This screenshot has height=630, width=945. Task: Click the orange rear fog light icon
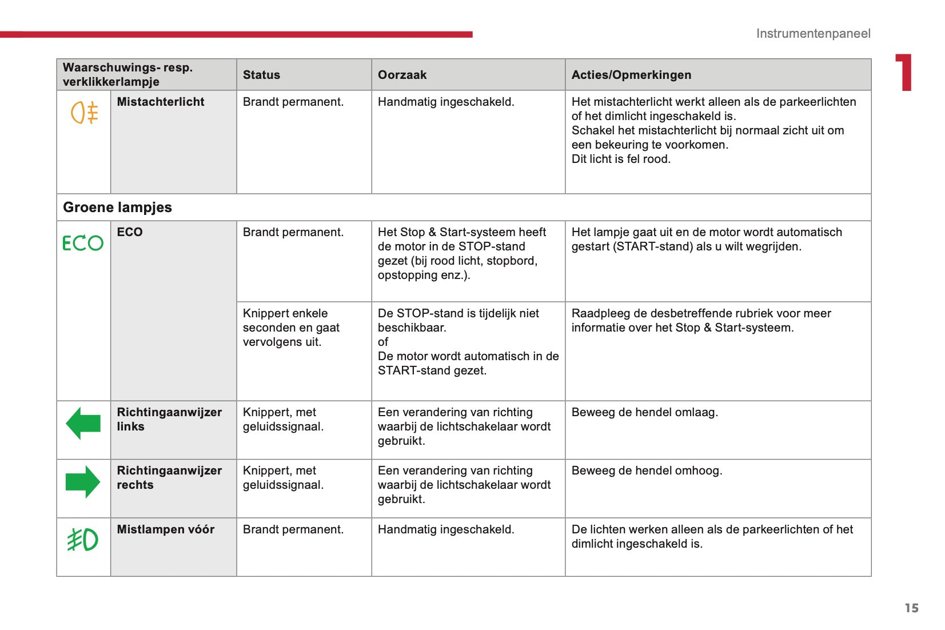[x=84, y=113]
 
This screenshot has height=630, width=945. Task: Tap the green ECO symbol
[x=83, y=243]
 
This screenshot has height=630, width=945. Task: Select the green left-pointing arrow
[x=83, y=424]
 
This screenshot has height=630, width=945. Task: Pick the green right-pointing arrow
[x=83, y=482]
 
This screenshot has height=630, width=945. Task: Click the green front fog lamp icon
[x=83, y=540]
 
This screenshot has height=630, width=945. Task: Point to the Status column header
[x=261, y=75]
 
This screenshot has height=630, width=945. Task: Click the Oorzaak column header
[x=402, y=75]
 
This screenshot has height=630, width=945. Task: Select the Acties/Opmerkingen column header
[x=631, y=75]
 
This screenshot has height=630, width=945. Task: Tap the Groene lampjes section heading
[x=117, y=208]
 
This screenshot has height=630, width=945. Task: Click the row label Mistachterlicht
[x=161, y=102]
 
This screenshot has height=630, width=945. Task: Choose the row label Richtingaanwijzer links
[x=169, y=419]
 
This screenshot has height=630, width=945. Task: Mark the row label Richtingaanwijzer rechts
[x=169, y=477]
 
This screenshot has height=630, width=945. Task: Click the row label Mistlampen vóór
[x=166, y=529]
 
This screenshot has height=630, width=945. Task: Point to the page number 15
[x=911, y=608]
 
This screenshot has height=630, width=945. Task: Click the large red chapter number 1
[x=904, y=73]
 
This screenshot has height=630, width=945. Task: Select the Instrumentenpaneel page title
[x=813, y=34]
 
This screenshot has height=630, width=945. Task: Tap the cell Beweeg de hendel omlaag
[x=644, y=412]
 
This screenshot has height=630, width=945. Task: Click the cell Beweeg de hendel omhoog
[x=647, y=470]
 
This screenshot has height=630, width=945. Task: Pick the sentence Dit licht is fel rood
[x=621, y=159]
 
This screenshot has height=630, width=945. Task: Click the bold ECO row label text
[x=130, y=232]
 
